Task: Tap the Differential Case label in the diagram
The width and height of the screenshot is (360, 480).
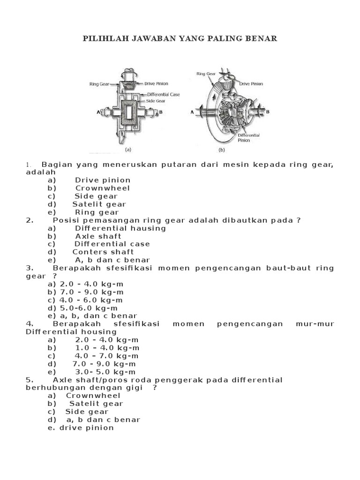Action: point(162,94)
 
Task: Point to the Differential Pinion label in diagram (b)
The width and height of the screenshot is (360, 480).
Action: point(249,137)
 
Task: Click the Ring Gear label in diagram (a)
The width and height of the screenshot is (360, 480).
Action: point(99,84)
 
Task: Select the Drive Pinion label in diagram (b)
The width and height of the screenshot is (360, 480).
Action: point(251,84)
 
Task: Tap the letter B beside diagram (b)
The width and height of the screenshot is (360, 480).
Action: point(268,112)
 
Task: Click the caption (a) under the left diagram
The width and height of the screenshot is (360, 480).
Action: point(127,150)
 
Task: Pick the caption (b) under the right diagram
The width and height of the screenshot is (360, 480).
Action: point(222,150)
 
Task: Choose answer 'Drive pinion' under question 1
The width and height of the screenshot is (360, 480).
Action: point(103,180)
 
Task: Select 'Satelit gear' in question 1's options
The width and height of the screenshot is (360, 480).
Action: point(99,204)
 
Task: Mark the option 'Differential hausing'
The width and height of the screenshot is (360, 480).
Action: point(120,228)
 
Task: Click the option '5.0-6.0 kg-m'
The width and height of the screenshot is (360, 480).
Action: point(89,308)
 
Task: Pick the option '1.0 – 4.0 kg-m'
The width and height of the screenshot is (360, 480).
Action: point(107,348)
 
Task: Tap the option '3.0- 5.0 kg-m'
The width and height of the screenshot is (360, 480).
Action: point(107,372)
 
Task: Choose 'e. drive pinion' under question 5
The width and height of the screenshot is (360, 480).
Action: point(81,427)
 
